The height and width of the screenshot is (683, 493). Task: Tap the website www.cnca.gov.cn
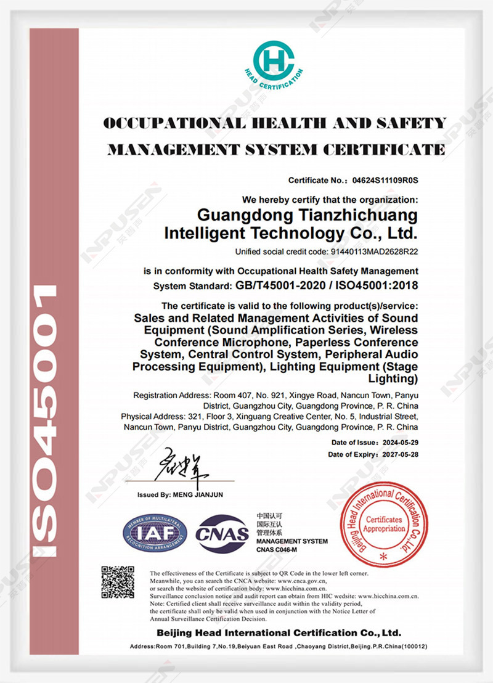[302, 580]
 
